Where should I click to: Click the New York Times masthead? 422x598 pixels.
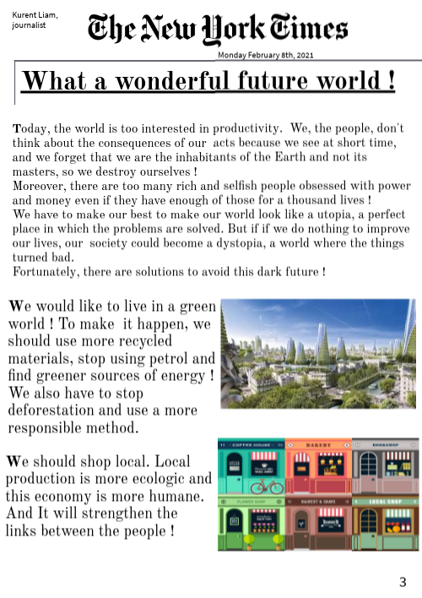[218, 30]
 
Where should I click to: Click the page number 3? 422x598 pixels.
[403, 581]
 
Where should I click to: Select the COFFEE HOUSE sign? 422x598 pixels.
[251, 443]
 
